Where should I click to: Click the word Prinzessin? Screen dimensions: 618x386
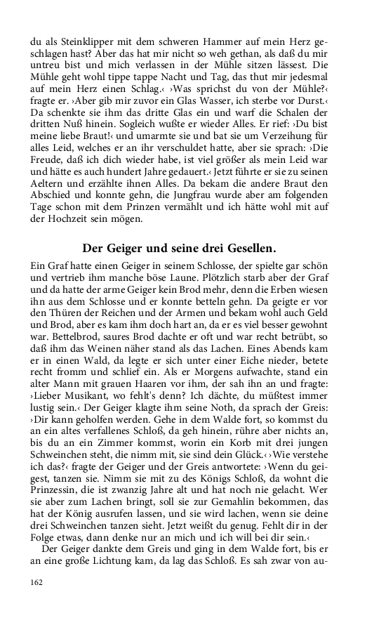point(60,507)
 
